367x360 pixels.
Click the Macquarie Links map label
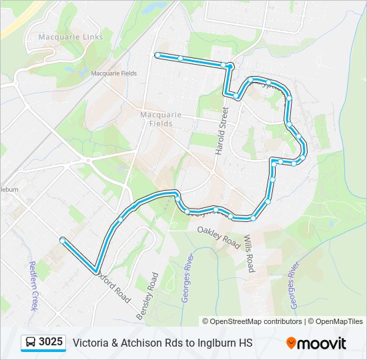(71, 37)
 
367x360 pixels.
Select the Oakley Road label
(218, 236)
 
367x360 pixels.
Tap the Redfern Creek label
(32, 286)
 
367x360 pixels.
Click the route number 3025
(51, 343)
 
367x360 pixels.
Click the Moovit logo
(316, 343)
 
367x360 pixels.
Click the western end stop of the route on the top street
(157, 55)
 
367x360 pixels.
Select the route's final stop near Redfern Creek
(62, 240)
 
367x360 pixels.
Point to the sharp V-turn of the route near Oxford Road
(96, 269)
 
